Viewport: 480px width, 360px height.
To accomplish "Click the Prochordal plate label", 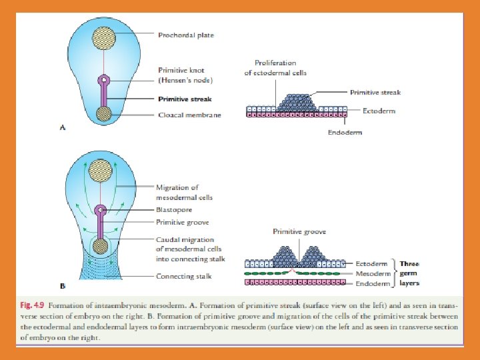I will point(186,35).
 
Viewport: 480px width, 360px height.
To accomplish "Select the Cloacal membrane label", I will point(189,115).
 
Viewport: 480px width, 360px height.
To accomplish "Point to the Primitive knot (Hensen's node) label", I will point(185,75).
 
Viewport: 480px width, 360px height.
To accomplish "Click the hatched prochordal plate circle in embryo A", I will point(103,36).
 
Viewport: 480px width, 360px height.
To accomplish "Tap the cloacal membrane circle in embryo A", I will point(103,115).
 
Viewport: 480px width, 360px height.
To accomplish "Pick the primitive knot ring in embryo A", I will point(103,81).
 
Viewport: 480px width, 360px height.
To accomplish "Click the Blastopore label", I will point(174,209).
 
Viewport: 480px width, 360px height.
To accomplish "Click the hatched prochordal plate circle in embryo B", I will point(99,171).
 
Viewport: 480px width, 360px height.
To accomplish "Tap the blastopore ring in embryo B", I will point(99,211).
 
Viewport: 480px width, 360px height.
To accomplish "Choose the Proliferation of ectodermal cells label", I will point(275,68).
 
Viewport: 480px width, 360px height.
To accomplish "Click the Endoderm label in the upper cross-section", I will point(345,133).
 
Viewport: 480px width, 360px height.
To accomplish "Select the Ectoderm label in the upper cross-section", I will point(379,111).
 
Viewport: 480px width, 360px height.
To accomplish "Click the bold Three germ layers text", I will point(409,273).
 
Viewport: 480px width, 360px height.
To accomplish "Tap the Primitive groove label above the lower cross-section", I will point(299,232).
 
